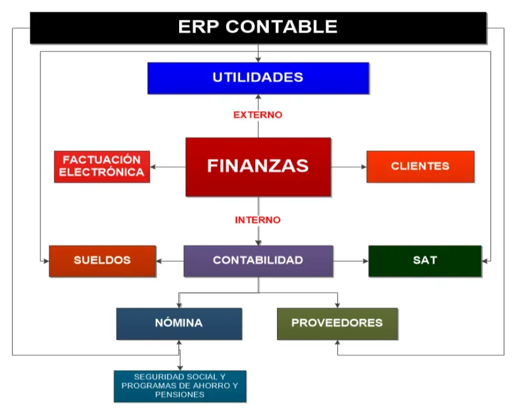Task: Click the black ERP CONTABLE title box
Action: tap(258, 27)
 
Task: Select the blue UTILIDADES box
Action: tap(258, 78)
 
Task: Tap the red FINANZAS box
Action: tap(258, 166)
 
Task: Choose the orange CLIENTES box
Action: tap(420, 166)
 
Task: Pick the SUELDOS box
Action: tap(102, 260)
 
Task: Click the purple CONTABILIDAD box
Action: tap(258, 260)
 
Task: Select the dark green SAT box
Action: tap(424, 260)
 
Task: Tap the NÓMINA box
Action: tap(179, 323)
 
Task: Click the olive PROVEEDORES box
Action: tap(337, 323)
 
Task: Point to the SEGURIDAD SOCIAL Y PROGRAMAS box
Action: tap(180, 386)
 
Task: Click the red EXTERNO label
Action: tap(258, 115)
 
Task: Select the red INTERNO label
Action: tap(258, 220)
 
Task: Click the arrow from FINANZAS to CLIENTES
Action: tap(349, 167)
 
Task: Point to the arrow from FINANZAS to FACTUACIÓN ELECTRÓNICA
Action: tap(167, 167)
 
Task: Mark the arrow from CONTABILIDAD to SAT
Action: tap(350, 260)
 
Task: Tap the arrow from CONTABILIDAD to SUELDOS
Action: tap(170, 260)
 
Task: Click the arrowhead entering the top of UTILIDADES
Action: tap(258, 59)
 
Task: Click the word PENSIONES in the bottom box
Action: tap(180, 395)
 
